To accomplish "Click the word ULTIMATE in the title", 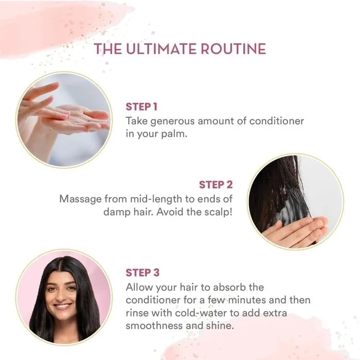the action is [161, 49].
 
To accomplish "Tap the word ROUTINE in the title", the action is [233, 49].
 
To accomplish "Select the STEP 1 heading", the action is [141, 107].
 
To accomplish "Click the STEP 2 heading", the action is [216, 185].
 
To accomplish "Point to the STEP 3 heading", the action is [142, 273].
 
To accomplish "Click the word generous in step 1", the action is [172, 121].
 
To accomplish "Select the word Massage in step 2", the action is [80, 200].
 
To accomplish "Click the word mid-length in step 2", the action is [156, 200].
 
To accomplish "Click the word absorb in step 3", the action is [230, 287].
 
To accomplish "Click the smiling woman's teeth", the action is [62, 306].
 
